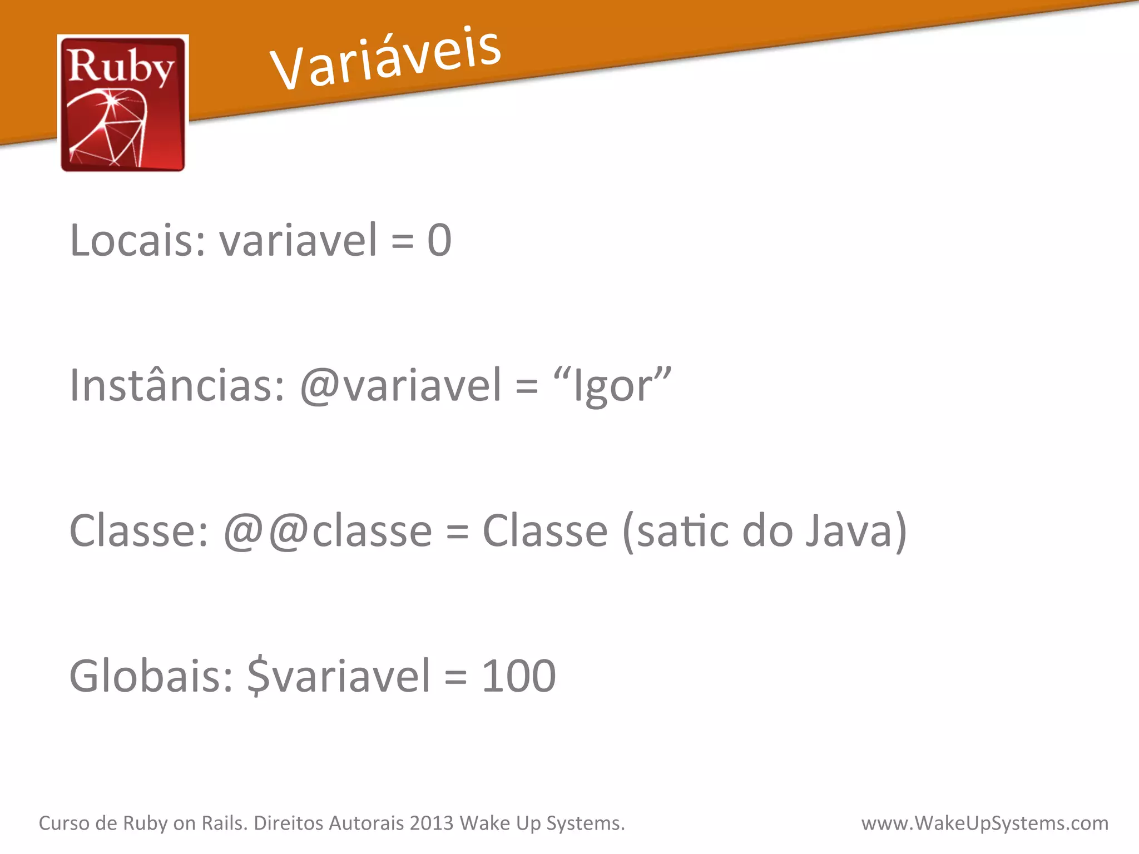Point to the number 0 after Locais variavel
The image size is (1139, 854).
click(439, 240)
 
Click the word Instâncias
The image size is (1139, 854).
click(177, 385)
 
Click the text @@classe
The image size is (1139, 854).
click(328, 531)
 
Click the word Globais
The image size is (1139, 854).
click(151, 676)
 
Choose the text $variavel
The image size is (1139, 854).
click(339, 676)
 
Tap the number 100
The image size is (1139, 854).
click(518, 676)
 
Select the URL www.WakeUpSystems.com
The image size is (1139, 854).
click(984, 823)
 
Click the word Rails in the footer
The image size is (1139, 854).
click(224, 823)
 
